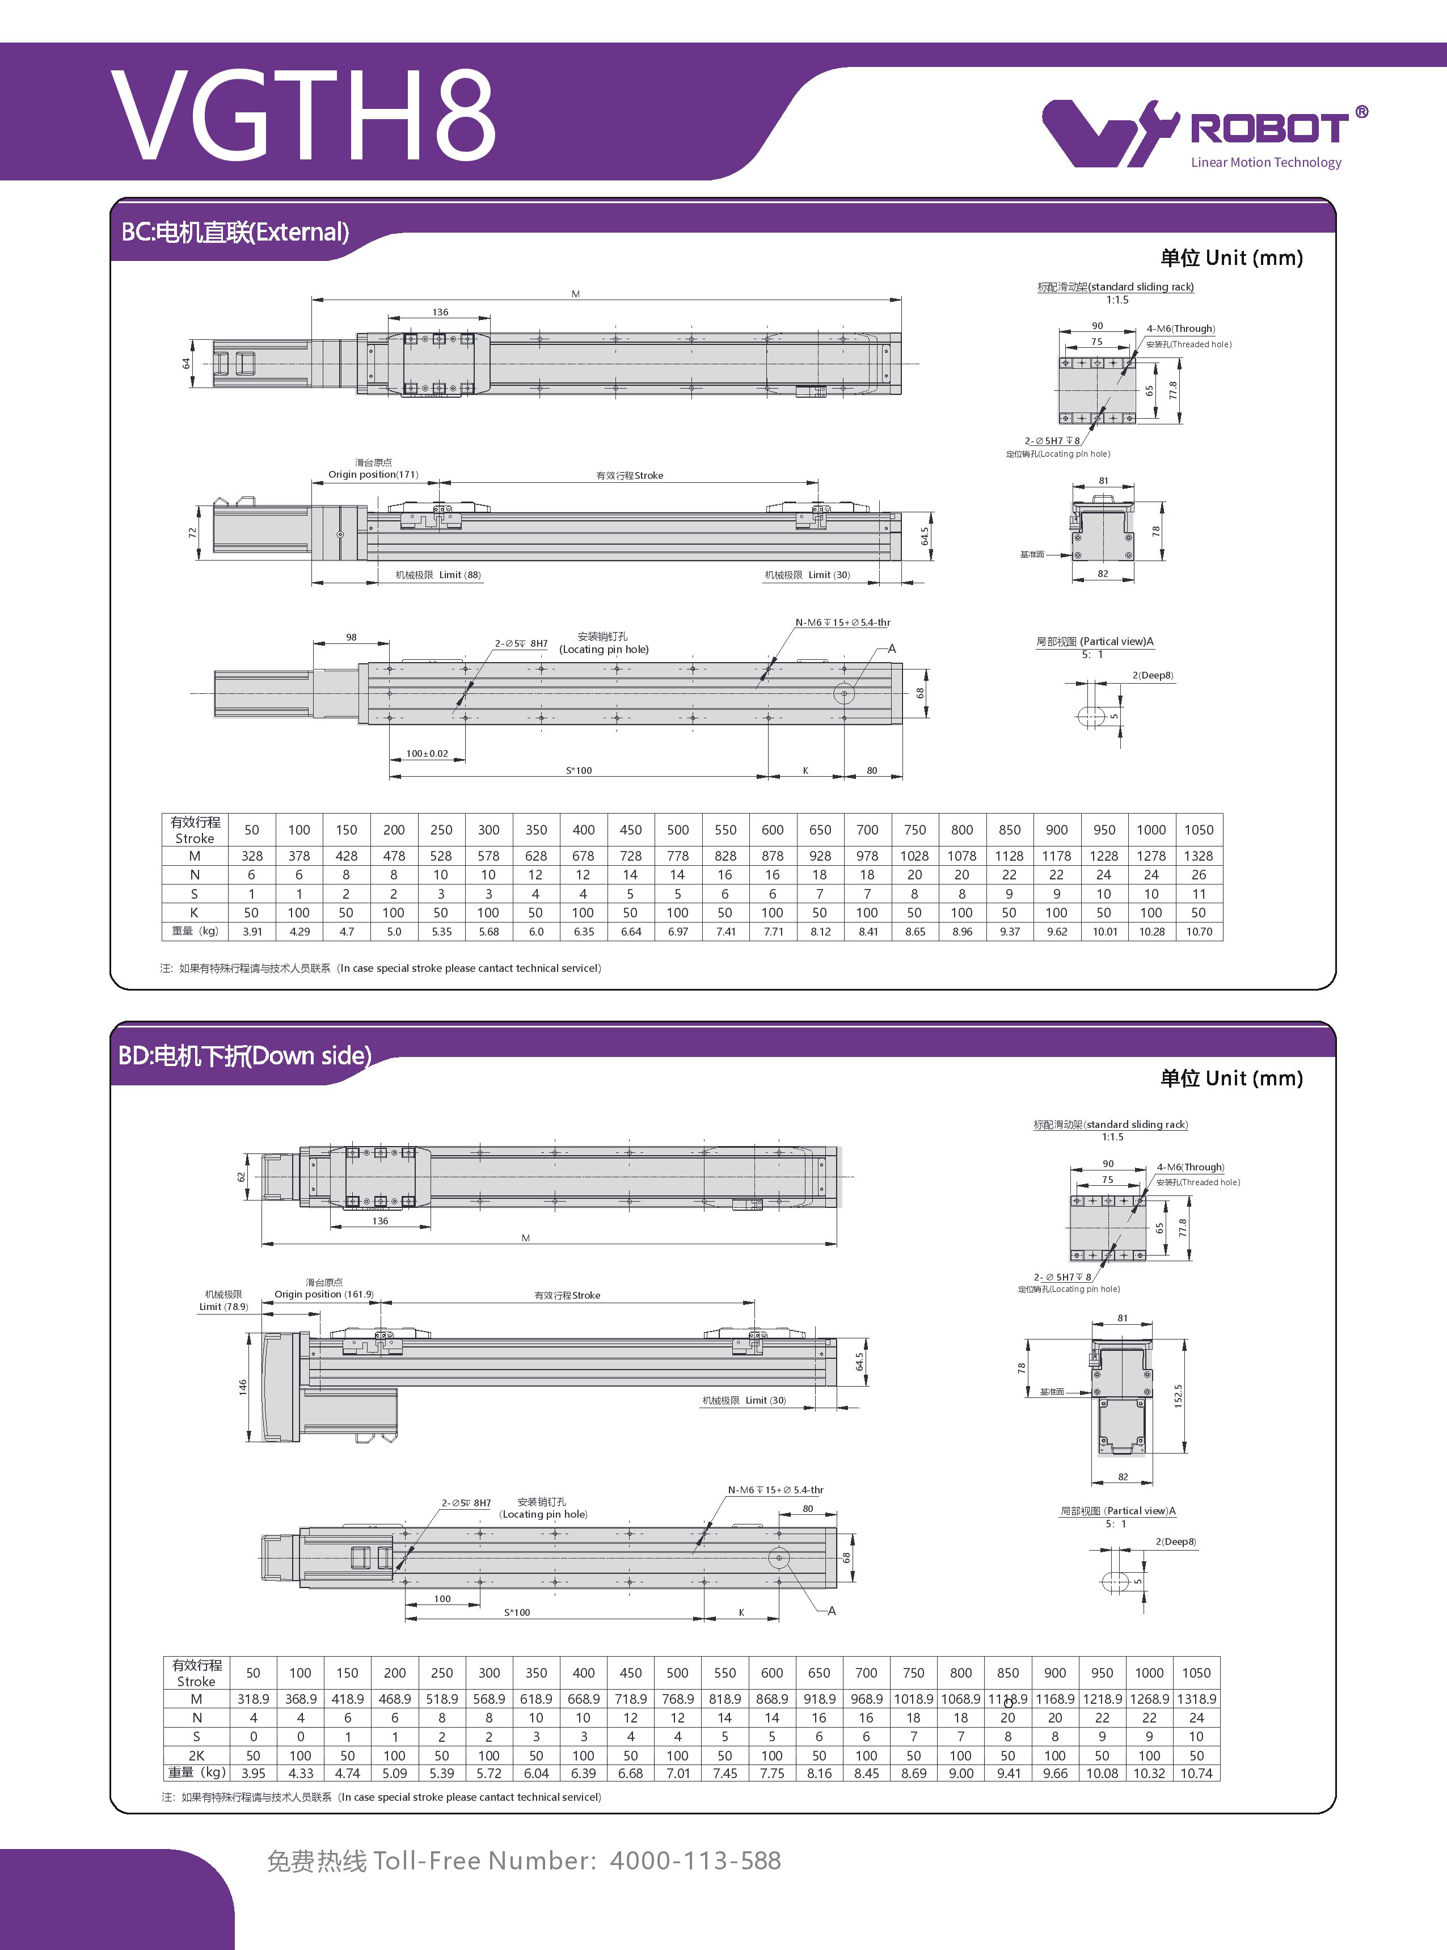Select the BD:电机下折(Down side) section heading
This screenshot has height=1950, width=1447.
point(244,1056)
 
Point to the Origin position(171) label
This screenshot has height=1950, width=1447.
point(373,475)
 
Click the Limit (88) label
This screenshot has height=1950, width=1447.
point(460,575)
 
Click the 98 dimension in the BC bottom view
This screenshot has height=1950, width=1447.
point(351,637)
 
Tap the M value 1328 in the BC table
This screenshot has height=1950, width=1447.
point(1198,856)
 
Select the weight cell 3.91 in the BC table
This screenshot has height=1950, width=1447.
point(252,931)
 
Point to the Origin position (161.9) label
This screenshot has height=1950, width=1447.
point(323,1294)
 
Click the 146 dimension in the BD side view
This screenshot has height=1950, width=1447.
point(243,1387)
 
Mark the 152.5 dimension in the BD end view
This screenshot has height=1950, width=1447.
point(1178,1396)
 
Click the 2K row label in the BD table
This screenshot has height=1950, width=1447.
point(196,1755)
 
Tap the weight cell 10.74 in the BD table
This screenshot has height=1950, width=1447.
point(1196,1773)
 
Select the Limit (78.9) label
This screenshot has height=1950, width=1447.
point(223,1306)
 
